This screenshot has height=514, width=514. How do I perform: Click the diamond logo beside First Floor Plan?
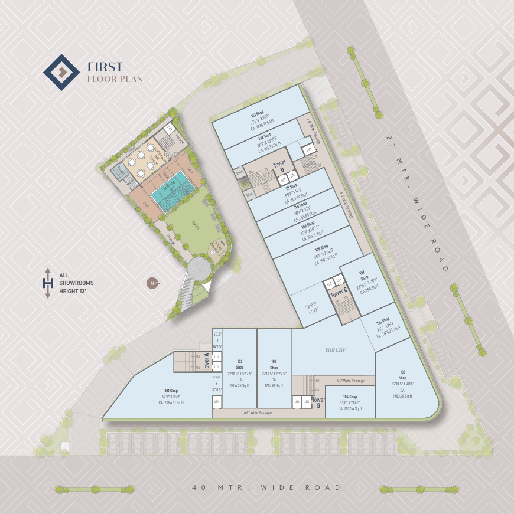61,72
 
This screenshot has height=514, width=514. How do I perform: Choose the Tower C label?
337,293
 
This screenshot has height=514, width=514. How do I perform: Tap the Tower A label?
207,361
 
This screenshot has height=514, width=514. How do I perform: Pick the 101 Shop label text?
171,391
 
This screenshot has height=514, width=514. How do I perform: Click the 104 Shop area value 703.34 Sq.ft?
350,408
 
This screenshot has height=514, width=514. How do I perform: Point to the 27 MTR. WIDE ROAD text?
417,203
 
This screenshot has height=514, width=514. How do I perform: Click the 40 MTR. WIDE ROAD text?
266,488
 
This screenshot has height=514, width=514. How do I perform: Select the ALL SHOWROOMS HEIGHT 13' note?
76,283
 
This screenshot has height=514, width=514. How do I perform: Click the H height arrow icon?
48,283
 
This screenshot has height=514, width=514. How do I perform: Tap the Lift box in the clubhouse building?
170,127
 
